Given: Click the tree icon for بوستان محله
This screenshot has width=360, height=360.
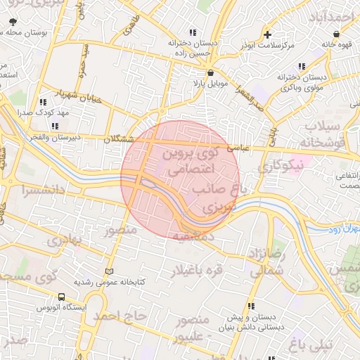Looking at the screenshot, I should (x=13, y=22).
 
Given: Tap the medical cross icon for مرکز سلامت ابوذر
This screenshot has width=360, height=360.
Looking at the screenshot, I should (x=267, y=34).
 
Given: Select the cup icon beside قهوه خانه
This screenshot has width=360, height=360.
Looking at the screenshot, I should (x=336, y=33).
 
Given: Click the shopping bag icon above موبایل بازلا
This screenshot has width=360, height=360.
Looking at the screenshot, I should (x=211, y=72).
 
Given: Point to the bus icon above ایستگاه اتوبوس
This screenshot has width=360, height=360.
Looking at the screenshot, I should (x=61, y=297).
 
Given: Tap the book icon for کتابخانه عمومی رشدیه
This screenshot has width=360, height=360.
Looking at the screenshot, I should (x=108, y=271).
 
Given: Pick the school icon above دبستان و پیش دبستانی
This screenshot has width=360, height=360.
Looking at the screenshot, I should (x=250, y=306).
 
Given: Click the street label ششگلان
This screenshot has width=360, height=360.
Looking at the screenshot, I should (x=118, y=139).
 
